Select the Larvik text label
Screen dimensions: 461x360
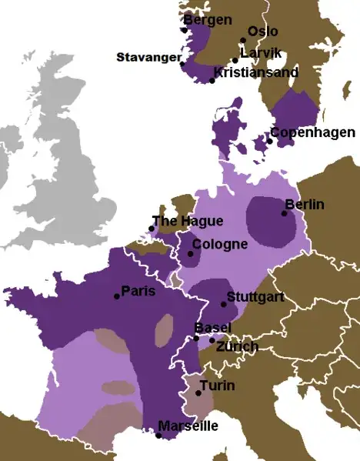[x=262, y=52]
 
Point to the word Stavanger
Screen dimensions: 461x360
[x=148, y=57]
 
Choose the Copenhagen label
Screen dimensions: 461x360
[x=312, y=132]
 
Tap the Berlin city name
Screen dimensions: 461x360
[x=305, y=205]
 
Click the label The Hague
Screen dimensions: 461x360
[x=188, y=222]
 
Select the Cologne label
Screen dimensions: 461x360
[x=220, y=245]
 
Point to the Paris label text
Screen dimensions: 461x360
[x=138, y=291]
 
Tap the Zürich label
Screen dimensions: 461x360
[x=237, y=347]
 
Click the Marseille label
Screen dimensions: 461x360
[x=188, y=426]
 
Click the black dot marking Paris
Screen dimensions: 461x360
[x=116, y=296]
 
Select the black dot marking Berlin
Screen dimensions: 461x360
[x=285, y=214]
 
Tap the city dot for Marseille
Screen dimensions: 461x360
[x=158, y=436]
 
